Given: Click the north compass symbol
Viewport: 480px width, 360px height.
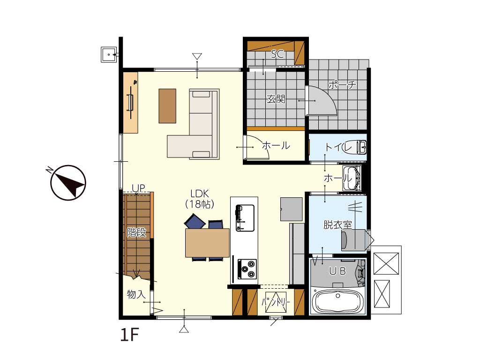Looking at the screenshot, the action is [x=68, y=182].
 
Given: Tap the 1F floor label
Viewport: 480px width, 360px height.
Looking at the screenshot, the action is [x=129, y=334].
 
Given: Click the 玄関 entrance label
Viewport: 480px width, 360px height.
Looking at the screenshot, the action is [x=276, y=99].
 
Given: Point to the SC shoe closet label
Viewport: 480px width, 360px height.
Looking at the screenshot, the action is [x=277, y=54].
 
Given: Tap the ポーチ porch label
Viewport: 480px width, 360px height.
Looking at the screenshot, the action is [x=342, y=84].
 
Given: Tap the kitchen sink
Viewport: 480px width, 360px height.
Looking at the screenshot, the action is [x=245, y=217].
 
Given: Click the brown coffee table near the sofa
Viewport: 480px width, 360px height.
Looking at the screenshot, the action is [x=167, y=106].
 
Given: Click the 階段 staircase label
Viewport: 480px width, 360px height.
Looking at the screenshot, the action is [x=136, y=232].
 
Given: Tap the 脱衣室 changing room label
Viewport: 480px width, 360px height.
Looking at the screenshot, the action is [x=337, y=225].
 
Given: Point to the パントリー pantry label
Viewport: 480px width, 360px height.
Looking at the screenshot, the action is [x=276, y=302].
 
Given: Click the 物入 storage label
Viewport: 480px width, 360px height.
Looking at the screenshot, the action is [x=136, y=294].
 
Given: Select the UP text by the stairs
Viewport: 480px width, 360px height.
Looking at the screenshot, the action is [x=138, y=188].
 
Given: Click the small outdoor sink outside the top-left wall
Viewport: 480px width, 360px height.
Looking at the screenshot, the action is [x=109, y=55].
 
